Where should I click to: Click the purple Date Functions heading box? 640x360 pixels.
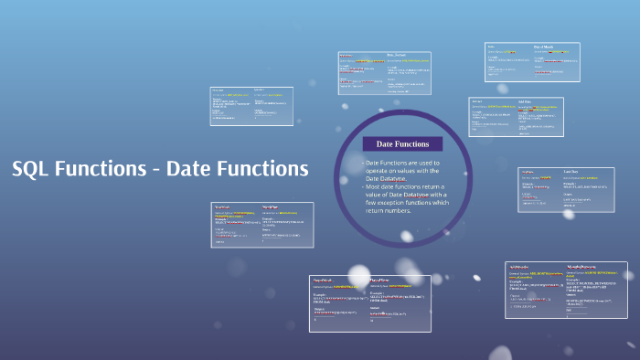[x=402, y=143]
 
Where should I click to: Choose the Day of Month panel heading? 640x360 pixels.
[x=543, y=47]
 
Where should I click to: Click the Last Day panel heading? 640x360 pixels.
[x=571, y=171]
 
